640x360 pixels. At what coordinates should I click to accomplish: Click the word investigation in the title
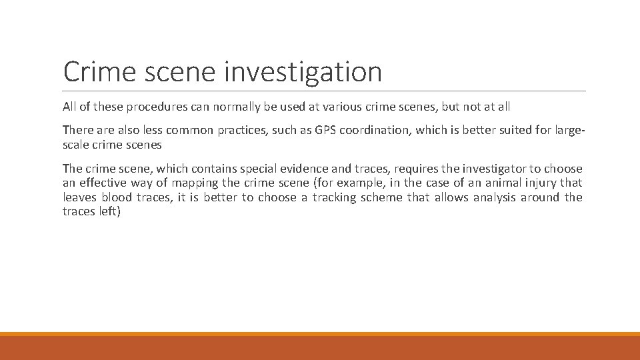[x=303, y=72]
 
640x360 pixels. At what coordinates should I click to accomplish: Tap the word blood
[x=114, y=197]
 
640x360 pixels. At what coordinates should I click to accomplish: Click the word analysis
[x=495, y=197]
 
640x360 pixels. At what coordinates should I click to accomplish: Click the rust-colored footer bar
[x=320, y=348]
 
